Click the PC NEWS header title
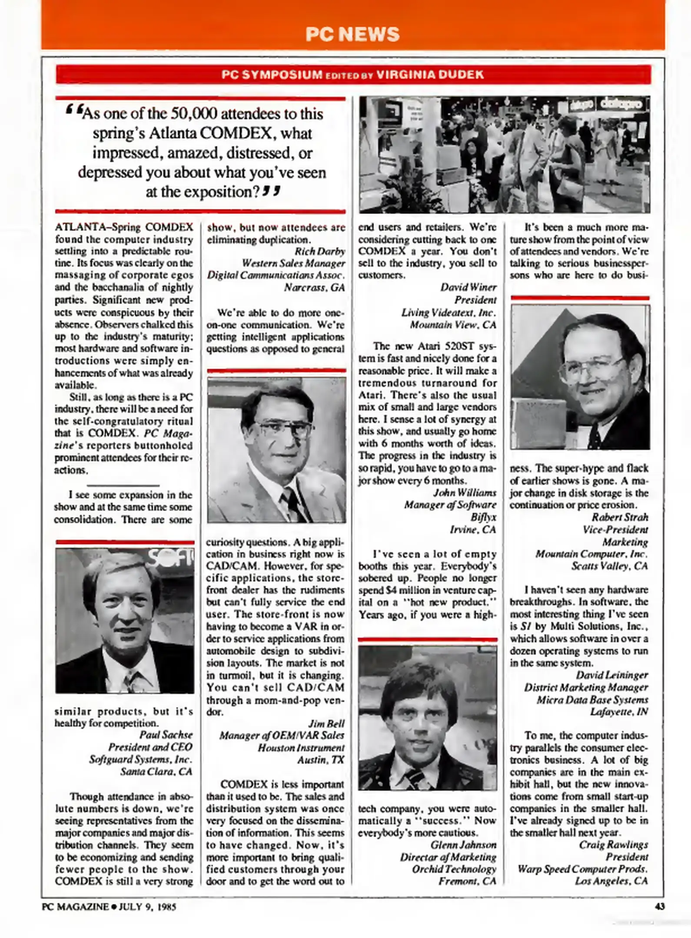[352, 34]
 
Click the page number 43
[659, 906]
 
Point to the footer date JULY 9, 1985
[148, 907]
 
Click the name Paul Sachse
[166, 735]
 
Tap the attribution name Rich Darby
[320, 251]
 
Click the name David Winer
[468, 287]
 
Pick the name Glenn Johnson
[463, 845]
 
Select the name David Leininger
[611, 675]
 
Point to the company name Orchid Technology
[454, 869]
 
